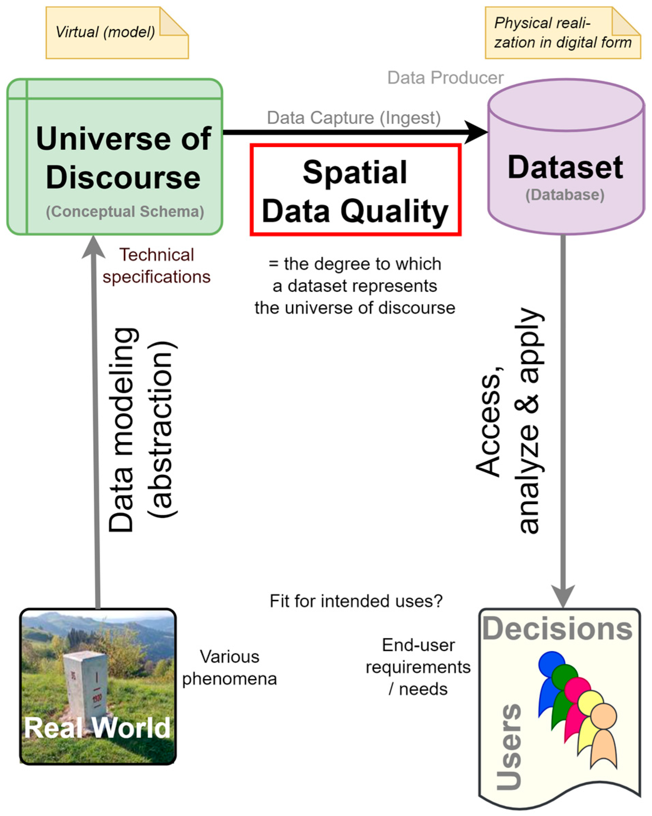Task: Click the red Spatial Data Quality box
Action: (x=355, y=190)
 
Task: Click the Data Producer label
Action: (x=445, y=78)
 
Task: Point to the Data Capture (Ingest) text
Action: (x=354, y=118)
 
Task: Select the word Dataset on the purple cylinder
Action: (x=565, y=167)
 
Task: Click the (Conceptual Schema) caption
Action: (x=125, y=212)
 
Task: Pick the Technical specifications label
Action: (x=156, y=266)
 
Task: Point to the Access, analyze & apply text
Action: (x=509, y=420)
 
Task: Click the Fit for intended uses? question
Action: (x=356, y=601)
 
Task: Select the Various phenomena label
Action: (x=229, y=668)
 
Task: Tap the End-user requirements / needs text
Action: (x=418, y=667)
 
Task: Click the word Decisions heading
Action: (x=557, y=629)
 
